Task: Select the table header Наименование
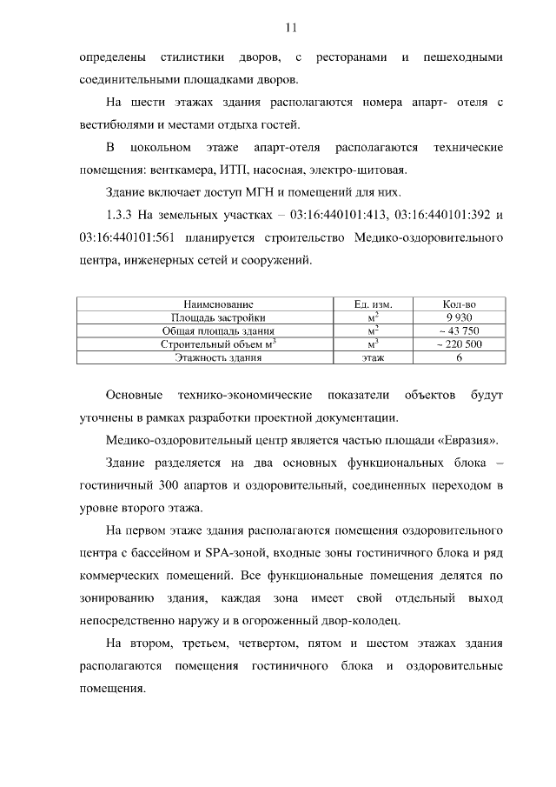[206, 304]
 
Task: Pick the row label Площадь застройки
[206, 317]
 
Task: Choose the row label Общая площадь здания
[206, 330]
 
